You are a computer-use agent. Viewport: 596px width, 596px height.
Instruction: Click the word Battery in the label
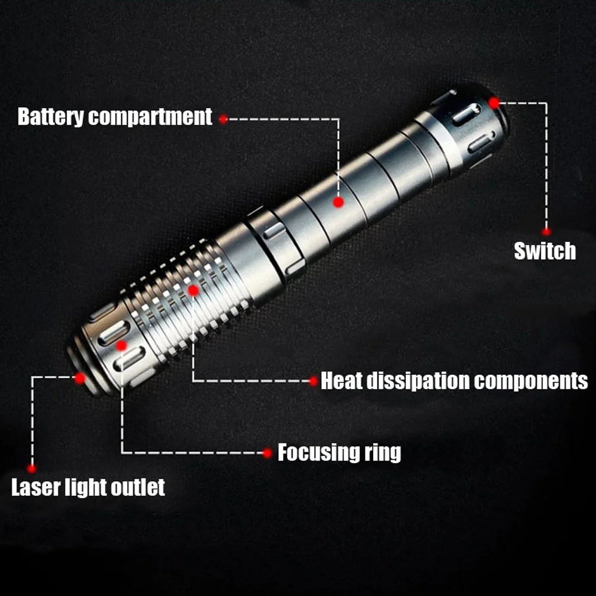coord(50,117)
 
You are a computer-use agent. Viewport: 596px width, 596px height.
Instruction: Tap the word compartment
coord(150,117)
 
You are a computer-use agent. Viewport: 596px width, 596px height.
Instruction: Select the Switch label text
coord(545,251)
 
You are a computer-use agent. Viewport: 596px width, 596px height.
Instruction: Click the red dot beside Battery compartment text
coord(223,119)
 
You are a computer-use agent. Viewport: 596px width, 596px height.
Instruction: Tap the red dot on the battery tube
coord(339,202)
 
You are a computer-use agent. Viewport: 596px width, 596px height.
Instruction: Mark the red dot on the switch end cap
coord(493,103)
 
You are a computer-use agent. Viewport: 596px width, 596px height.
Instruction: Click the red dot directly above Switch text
coord(546,231)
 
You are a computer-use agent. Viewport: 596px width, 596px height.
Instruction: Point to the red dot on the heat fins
coord(193,291)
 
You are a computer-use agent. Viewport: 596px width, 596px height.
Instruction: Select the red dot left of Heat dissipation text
coord(313,381)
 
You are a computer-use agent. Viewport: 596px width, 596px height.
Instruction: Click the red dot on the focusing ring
coord(121,346)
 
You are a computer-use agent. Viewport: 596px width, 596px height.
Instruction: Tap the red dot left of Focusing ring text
coord(268,453)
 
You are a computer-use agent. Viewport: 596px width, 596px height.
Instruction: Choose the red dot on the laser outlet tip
coord(80,378)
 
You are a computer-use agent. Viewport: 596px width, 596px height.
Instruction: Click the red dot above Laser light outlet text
coord(32,468)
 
